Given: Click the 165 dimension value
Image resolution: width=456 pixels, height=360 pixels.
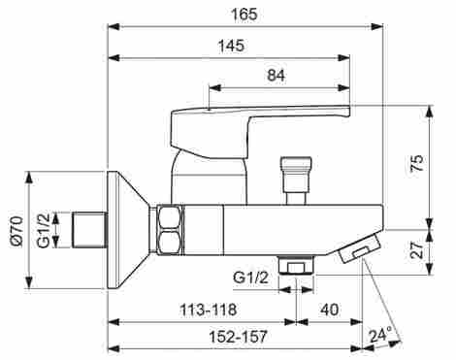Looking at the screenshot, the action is tap(244, 15).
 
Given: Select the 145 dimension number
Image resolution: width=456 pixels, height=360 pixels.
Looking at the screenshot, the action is tap(232, 46).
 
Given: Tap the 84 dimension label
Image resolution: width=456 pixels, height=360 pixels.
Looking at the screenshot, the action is tap(277, 76).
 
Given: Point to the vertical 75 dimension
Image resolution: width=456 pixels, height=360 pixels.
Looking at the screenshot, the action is tap(417, 163).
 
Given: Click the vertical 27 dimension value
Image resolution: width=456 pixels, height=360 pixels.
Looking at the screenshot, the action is tap(417, 249).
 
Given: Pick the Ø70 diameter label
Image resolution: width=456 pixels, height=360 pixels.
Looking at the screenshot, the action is tap(16, 232).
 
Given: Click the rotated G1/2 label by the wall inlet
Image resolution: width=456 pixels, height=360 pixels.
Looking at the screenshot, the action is tap(44, 230).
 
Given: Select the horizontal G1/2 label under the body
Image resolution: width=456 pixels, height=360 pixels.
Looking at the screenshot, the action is tap(250, 278).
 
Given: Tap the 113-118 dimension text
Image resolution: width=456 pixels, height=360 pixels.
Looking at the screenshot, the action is tap(209, 310).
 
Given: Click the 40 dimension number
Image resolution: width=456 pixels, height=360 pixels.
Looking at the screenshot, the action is tap(330, 310).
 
